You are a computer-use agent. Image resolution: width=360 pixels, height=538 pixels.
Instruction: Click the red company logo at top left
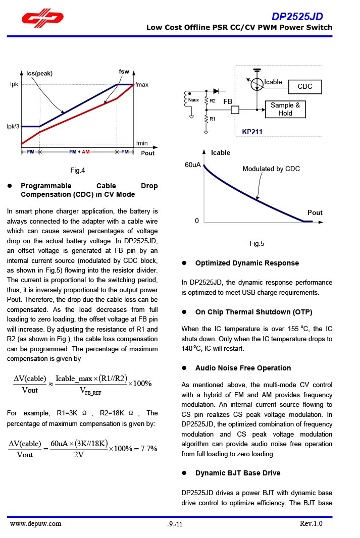43,19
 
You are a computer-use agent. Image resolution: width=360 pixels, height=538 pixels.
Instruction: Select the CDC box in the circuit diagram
305,87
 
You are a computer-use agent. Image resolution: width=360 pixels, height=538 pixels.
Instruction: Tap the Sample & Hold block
285,109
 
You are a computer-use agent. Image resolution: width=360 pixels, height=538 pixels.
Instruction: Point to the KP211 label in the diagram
252,132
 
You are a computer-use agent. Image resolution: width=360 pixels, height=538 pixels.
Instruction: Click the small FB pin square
235,109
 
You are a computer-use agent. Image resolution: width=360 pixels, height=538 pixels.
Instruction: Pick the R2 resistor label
213,101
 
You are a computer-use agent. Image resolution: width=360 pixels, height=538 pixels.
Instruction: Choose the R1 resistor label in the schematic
213,119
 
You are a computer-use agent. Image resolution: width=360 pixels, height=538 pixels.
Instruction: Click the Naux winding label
194,100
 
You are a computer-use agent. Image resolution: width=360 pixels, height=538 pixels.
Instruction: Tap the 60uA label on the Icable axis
193,165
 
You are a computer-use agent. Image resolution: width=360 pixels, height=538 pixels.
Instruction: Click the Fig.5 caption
257,244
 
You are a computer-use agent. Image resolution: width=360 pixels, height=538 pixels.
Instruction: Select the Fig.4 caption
78,170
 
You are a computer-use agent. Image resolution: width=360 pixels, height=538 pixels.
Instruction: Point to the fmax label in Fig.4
142,85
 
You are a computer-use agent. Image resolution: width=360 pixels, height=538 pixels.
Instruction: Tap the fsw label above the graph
124,72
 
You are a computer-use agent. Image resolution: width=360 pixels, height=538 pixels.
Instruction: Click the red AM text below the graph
86,152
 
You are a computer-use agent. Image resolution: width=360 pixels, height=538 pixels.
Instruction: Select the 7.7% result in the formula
147,449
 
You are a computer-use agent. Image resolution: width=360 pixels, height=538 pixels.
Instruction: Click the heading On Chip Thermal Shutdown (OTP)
254,312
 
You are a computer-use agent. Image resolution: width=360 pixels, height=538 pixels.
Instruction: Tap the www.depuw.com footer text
36,524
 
